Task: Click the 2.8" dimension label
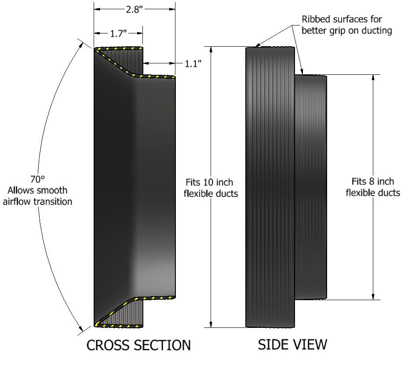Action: point(134,9)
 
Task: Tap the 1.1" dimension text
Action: point(193,63)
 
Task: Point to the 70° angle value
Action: point(38,179)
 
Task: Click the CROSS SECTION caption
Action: point(138,345)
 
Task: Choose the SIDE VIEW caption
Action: point(292,345)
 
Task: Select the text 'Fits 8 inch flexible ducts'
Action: point(373,187)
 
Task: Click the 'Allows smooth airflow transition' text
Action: point(38,196)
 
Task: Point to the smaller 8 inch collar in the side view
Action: point(310,187)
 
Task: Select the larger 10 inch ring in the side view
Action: point(269,187)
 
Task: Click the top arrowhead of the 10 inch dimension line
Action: point(211,49)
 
